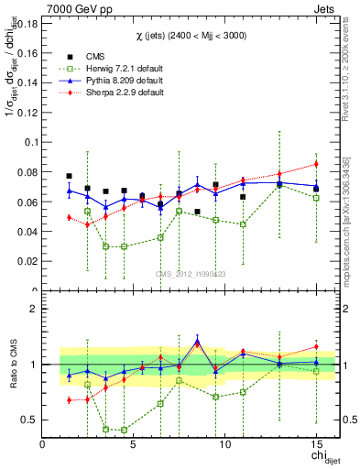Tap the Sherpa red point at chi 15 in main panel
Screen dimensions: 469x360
coord(316,164)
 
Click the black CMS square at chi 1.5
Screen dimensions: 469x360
coord(70,176)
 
